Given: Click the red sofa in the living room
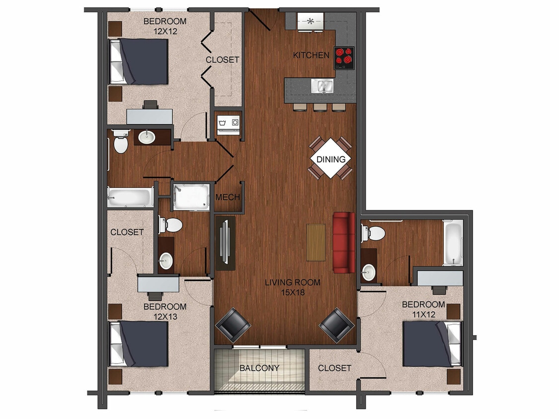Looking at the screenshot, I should [343, 242].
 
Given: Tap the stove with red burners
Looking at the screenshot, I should [344, 58].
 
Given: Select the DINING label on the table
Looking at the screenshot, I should [331, 159].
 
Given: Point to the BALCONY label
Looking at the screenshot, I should [259, 368].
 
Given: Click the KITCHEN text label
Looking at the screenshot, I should [311, 55].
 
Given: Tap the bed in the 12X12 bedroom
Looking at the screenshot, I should [139, 62].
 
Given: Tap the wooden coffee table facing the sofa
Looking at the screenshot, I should [316, 242].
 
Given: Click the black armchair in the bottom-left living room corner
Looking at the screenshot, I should [233, 325].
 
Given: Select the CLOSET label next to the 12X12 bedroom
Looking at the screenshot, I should [223, 60].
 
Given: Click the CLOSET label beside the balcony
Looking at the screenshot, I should [334, 368].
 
